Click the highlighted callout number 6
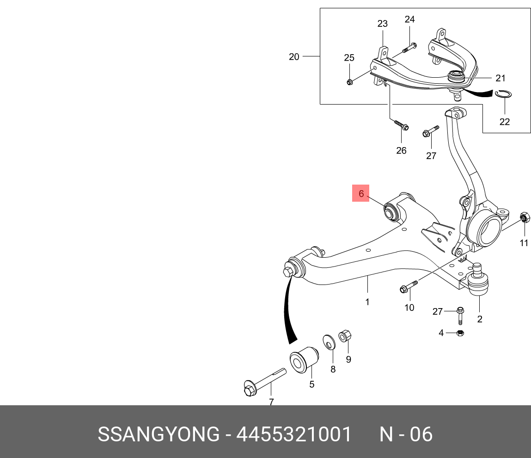pyautogui.click(x=361, y=193)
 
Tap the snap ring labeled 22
pyautogui.click(x=504, y=95)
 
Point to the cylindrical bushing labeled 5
pyautogui.click(x=303, y=360)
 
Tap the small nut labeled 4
pyautogui.click(x=460, y=333)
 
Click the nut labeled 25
pyautogui.click(x=349, y=82)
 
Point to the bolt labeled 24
pyautogui.click(x=410, y=47)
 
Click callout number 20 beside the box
pyautogui.click(x=294, y=57)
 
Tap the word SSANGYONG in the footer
pyautogui.click(x=159, y=434)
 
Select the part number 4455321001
pyautogui.click(x=294, y=434)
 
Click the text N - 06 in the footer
pyautogui.click(x=406, y=434)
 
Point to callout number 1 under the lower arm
pyautogui.click(x=367, y=302)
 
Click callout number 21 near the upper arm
pyautogui.click(x=501, y=78)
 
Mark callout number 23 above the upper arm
pyautogui.click(x=382, y=24)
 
